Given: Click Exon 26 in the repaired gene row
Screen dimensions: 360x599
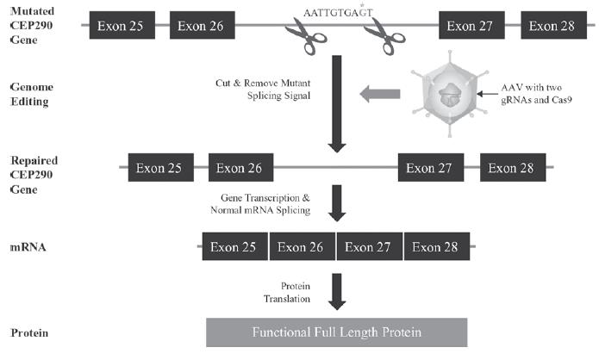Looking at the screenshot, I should point(241,168).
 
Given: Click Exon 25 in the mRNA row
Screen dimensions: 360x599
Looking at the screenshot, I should point(235,247).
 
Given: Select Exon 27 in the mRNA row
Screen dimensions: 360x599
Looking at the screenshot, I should point(370,247).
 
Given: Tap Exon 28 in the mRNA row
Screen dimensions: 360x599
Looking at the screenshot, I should point(437,247).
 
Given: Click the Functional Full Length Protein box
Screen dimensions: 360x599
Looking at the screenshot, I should point(337,332).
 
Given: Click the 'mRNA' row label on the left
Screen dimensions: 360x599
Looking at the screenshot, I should point(28,247).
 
